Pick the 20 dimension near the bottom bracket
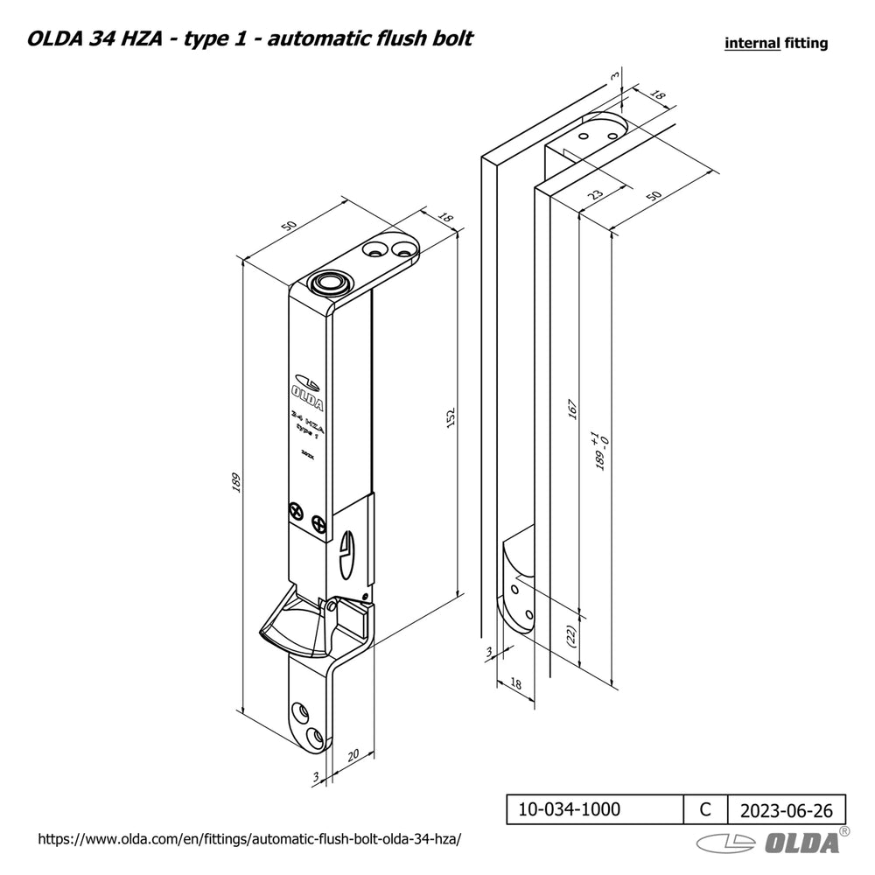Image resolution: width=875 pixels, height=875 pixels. tap(354, 754)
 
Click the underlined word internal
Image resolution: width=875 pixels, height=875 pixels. tap(752, 43)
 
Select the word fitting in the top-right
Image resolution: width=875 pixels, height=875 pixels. tap(806, 43)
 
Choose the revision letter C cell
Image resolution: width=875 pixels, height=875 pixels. tap(705, 809)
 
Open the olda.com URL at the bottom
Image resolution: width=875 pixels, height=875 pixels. tap(248, 838)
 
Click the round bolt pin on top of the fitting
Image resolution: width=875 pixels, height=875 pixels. tap(330, 283)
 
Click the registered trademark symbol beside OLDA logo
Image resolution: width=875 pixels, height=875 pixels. tap(844, 830)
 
